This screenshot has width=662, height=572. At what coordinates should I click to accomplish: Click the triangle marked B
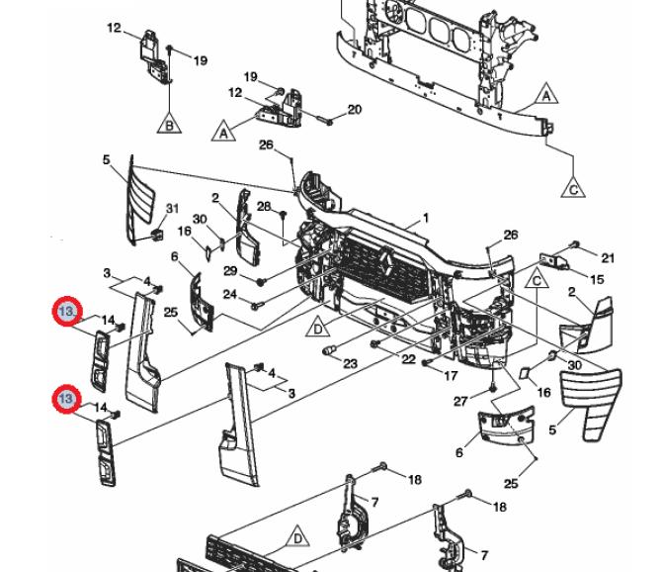point(169,124)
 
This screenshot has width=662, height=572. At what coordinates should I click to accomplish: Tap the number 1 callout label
point(426,218)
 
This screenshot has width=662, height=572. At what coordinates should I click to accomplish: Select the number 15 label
point(597,279)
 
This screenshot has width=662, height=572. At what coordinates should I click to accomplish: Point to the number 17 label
point(451,375)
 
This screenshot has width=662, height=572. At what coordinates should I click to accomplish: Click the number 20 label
point(355,110)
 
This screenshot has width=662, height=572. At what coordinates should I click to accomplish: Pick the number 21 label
point(608,257)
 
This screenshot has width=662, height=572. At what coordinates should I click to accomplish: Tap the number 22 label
point(408,359)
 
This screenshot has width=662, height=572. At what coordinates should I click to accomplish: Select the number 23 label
point(350,363)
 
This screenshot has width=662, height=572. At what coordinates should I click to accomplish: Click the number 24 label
point(229,294)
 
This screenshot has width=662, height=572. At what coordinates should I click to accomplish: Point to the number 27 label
point(461,401)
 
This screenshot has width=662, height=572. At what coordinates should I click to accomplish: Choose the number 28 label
point(264,206)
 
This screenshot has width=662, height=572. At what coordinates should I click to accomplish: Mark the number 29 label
point(230,270)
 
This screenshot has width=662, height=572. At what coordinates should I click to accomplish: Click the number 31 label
point(172,209)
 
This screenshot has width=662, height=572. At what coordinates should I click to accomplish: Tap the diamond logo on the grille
point(386,263)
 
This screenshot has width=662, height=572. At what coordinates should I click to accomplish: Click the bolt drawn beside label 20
point(324,121)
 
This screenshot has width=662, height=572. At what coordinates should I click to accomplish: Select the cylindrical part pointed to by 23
point(329,350)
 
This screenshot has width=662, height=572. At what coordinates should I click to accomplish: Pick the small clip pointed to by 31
point(157,235)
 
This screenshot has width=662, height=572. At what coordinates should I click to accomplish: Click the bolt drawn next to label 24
point(257,305)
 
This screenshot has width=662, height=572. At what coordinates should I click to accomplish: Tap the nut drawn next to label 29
point(261,282)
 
